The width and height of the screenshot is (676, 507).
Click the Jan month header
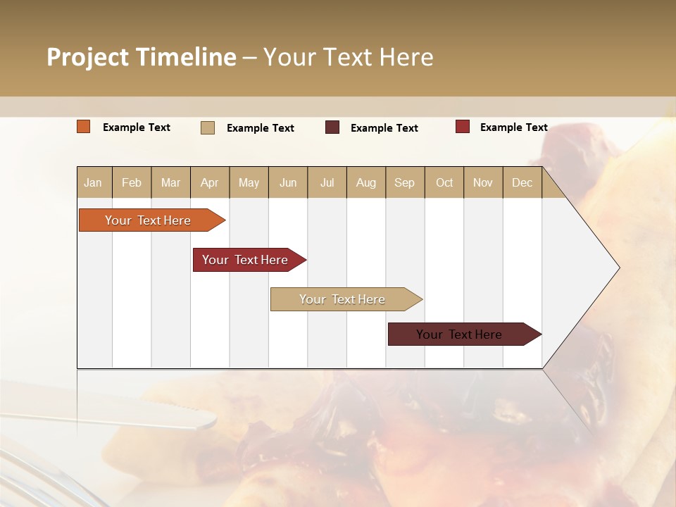pyautogui.click(x=93, y=182)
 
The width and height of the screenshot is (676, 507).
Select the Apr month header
pyautogui.click(x=209, y=182)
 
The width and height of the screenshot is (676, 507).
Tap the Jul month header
pyautogui.click(x=327, y=182)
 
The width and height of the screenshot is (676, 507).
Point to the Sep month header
pyautogui.click(x=404, y=182)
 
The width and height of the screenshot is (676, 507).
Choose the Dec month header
pyautogui.click(x=522, y=182)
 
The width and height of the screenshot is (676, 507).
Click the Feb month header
pyautogui.click(x=132, y=182)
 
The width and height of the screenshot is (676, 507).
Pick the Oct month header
pyautogui.click(x=444, y=182)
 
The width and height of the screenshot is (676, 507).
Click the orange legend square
pyautogui.click(x=84, y=127)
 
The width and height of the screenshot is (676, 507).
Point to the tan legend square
pyautogui.click(x=208, y=127)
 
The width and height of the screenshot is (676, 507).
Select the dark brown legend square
pyautogui.click(x=332, y=127)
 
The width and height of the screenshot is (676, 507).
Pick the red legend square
pyautogui.click(x=463, y=127)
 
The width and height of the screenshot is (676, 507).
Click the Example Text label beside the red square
pyautogui.click(x=513, y=127)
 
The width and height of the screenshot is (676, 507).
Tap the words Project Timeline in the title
pyautogui.click(x=142, y=57)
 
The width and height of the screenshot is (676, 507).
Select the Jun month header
pyautogui.click(x=288, y=182)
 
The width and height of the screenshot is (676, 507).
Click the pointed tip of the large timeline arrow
pyautogui.click(x=618, y=268)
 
